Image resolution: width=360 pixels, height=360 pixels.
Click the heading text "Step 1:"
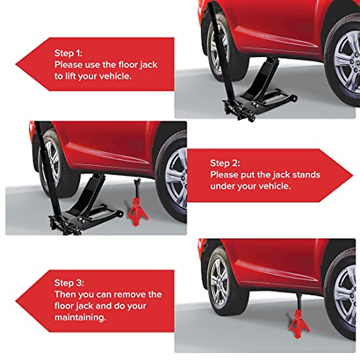point(68,53)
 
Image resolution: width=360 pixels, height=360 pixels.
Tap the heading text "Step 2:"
point(225,163)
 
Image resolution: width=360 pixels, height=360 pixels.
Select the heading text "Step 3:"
point(69,283)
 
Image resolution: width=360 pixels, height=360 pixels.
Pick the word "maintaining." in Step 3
point(80,317)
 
